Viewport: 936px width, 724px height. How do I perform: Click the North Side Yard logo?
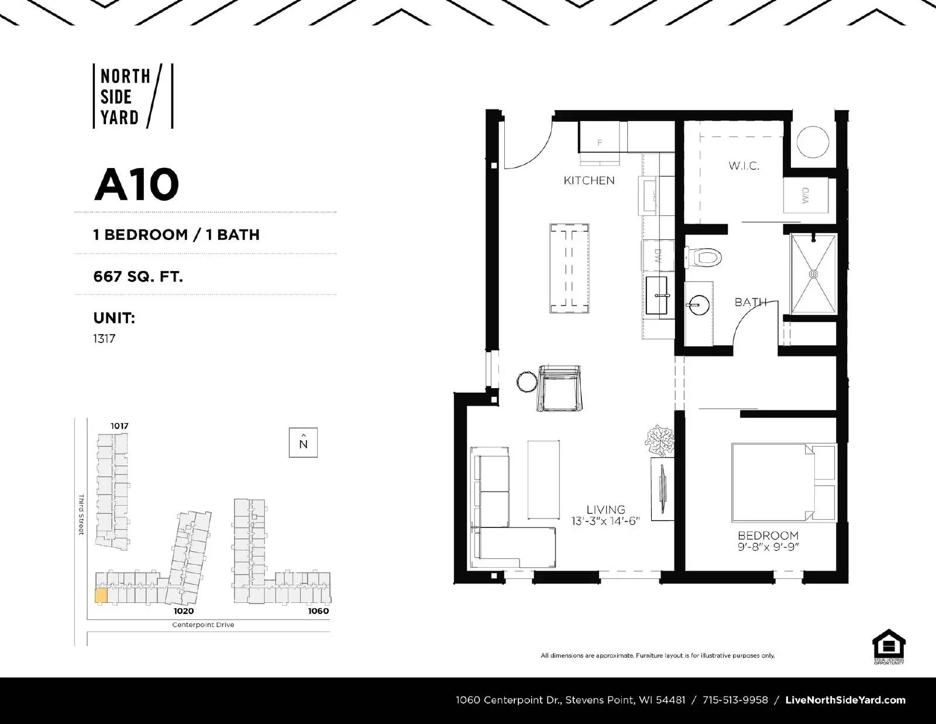pos(133,96)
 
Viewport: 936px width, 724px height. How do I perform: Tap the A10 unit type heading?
pos(136,184)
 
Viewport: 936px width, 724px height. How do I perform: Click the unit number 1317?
pos(104,338)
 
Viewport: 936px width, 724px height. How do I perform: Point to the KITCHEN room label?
pos(589,180)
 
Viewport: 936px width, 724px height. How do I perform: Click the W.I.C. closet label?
pos(744,166)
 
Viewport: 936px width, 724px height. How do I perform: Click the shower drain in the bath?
pos(813,273)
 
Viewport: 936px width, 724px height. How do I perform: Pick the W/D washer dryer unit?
pos(806,195)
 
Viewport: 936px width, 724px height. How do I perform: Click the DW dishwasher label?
pos(658,256)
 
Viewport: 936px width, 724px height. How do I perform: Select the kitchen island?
pos(569,267)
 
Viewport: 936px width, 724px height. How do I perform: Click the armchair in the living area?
pos(560,388)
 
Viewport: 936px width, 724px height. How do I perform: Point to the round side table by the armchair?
pos(527,382)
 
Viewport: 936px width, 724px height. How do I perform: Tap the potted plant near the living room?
pos(661,440)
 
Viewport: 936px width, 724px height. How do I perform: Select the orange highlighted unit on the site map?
pos(101,596)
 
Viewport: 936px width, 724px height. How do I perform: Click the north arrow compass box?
pos(303,442)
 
